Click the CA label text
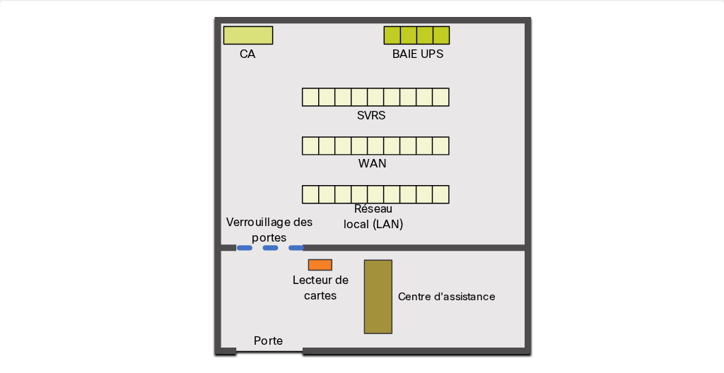click(x=247, y=54)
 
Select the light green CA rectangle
click(x=248, y=35)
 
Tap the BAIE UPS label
click(x=418, y=54)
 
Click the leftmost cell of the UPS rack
click(x=392, y=35)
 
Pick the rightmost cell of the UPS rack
click(x=441, y=35)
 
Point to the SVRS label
click(x=371, y=115)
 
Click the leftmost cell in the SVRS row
click(x=310, y=97)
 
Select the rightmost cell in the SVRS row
click(x=441, y=97)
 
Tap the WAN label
click(x=372, y=163)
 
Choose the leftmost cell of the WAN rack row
click(x=310, y=146)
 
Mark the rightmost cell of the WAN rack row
click(x=441, y=146)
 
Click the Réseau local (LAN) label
click(x=373, y=216)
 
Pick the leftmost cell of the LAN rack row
click(x=310, y=194)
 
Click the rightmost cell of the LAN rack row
click(x=441, y=194)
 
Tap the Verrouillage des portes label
click(x=269, y=230)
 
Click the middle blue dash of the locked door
click(x=270, y=248)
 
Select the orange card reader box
click(x=320, y=265)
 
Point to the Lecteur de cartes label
click(x=320, y=288)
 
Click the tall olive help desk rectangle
click(x=378, y=297)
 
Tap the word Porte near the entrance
click(x=268, y=341)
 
